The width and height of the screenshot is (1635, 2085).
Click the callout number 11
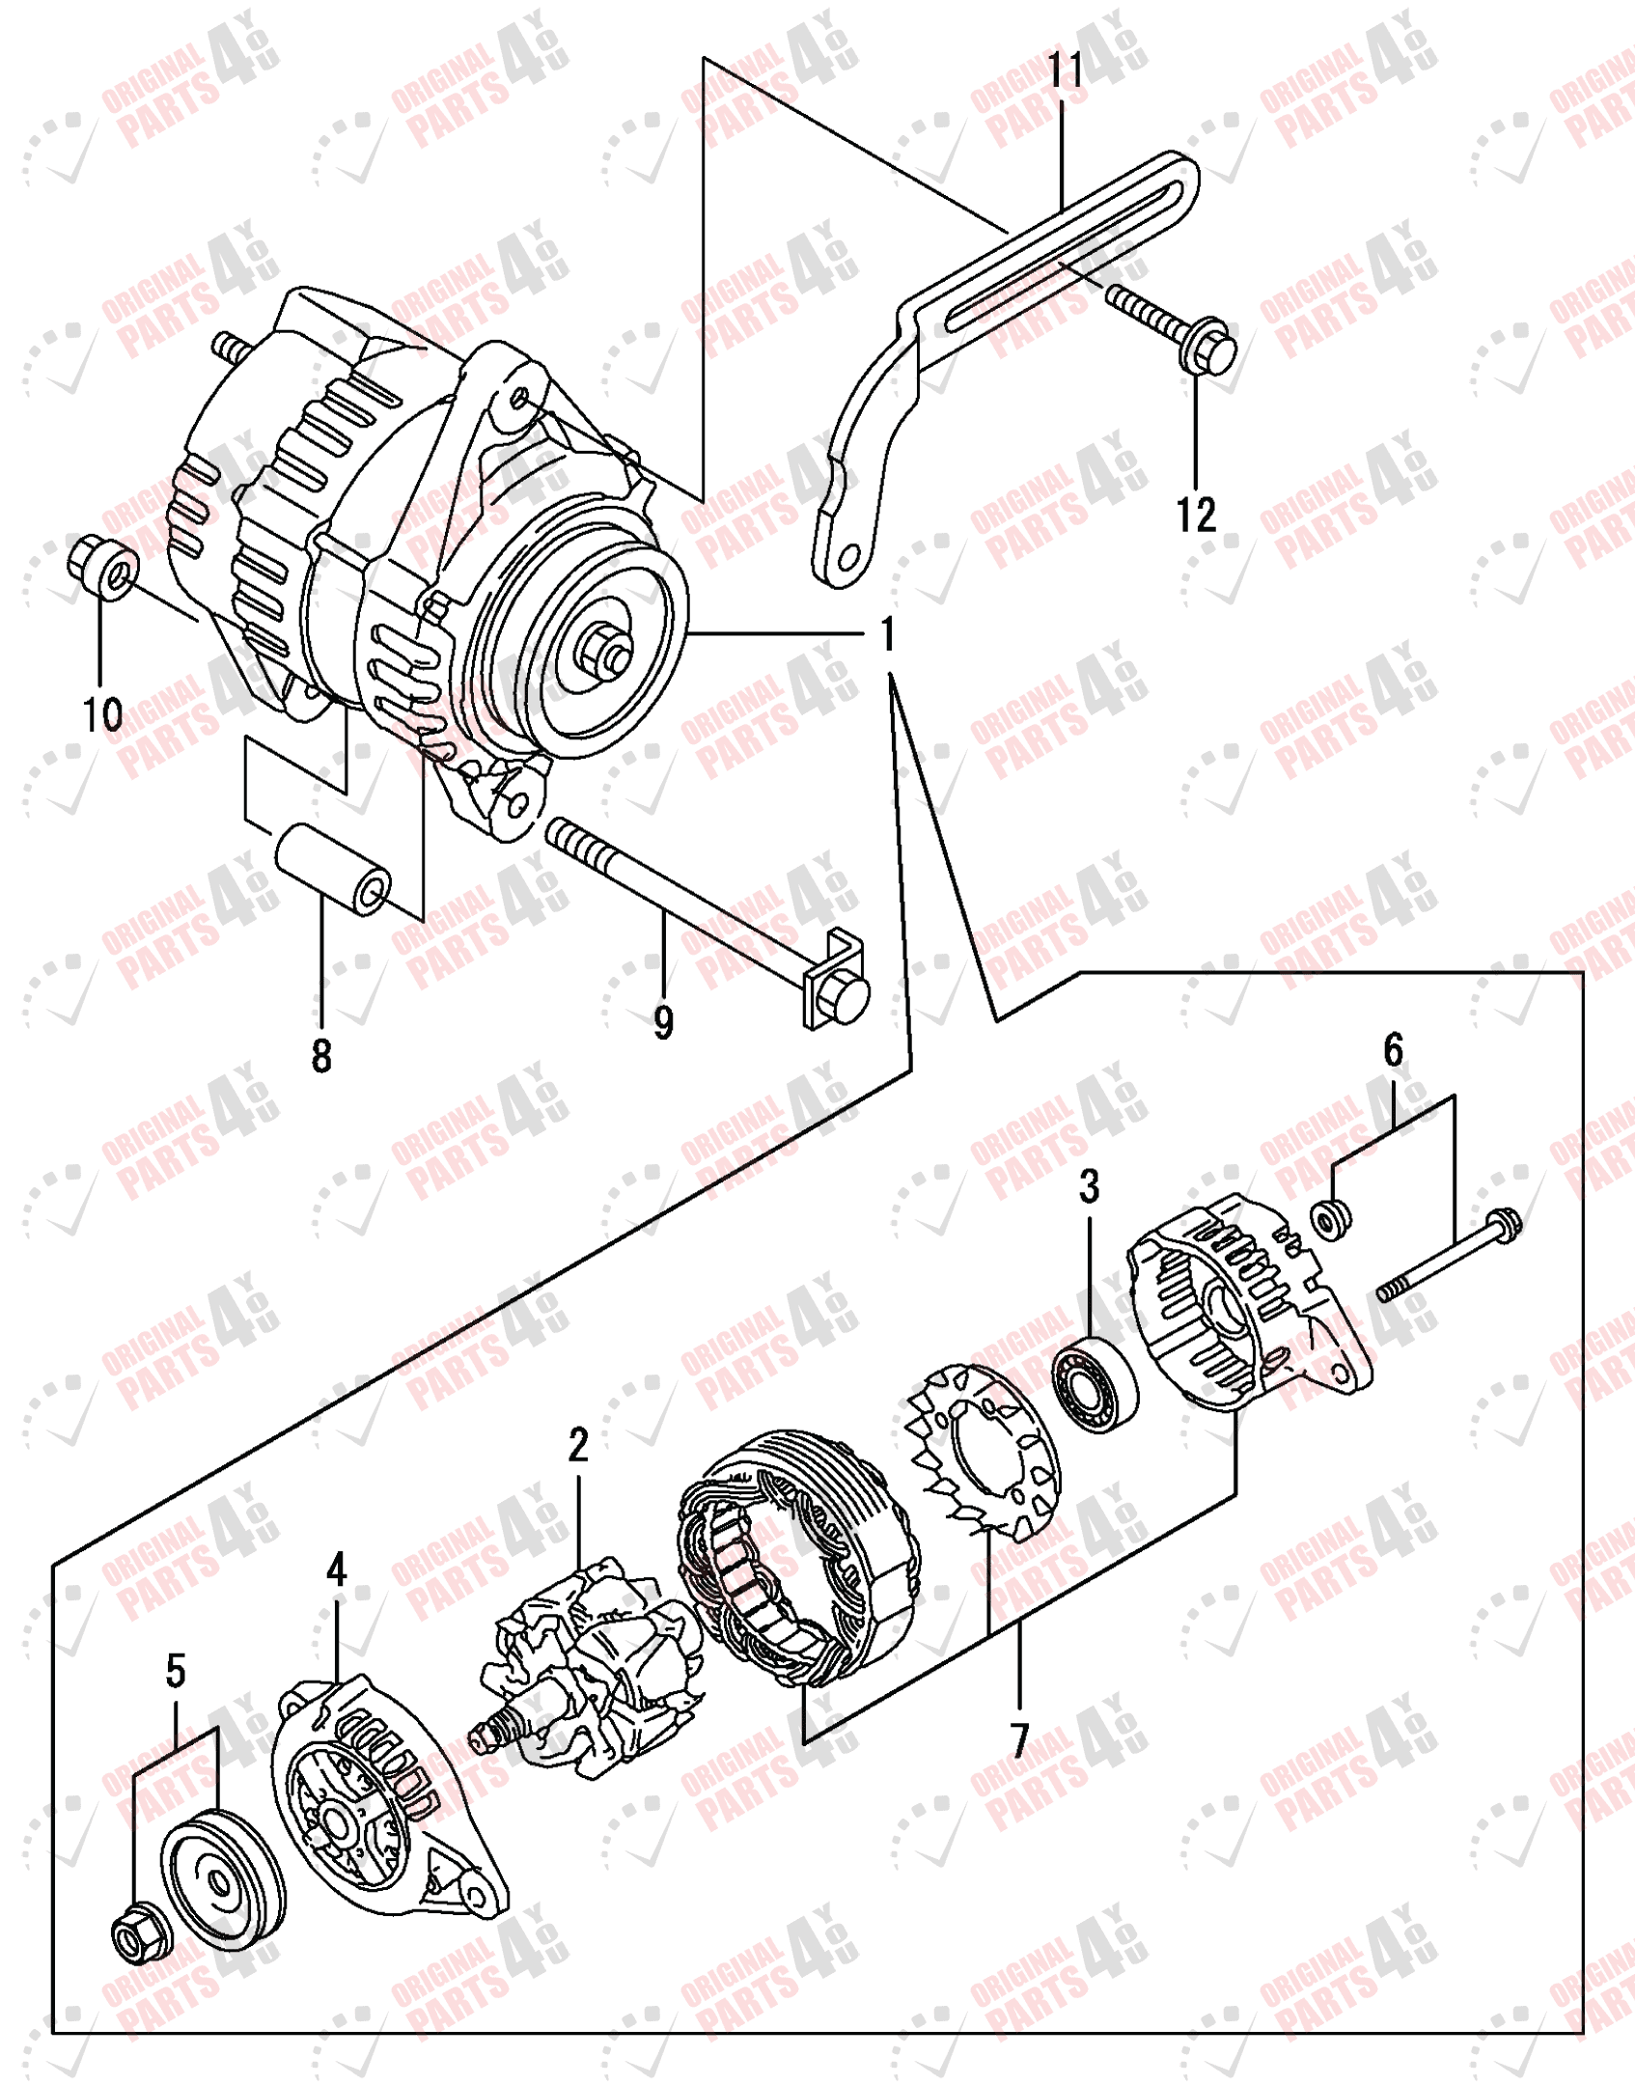click(x=1065, y=69)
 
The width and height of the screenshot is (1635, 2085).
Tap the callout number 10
click(x=102, y=714)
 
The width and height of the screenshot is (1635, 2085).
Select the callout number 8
click(x=321, y=1055)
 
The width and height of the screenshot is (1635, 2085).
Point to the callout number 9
click(x=663, y=1022)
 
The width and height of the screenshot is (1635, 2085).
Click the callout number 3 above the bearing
click(x=1089, y=1186)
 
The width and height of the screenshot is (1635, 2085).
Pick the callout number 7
click(x=1019, y=1740)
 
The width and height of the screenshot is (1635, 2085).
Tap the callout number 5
click(x=175, y=1670)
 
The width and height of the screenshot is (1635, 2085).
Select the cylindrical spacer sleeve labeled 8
click(x=334, y=871)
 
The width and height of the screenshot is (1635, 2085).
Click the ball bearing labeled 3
click(x=1095, y=1386)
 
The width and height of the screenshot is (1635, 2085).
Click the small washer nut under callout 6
click(x=1332, y=1219)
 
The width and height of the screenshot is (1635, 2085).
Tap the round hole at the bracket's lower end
click(x=849, y=557)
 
